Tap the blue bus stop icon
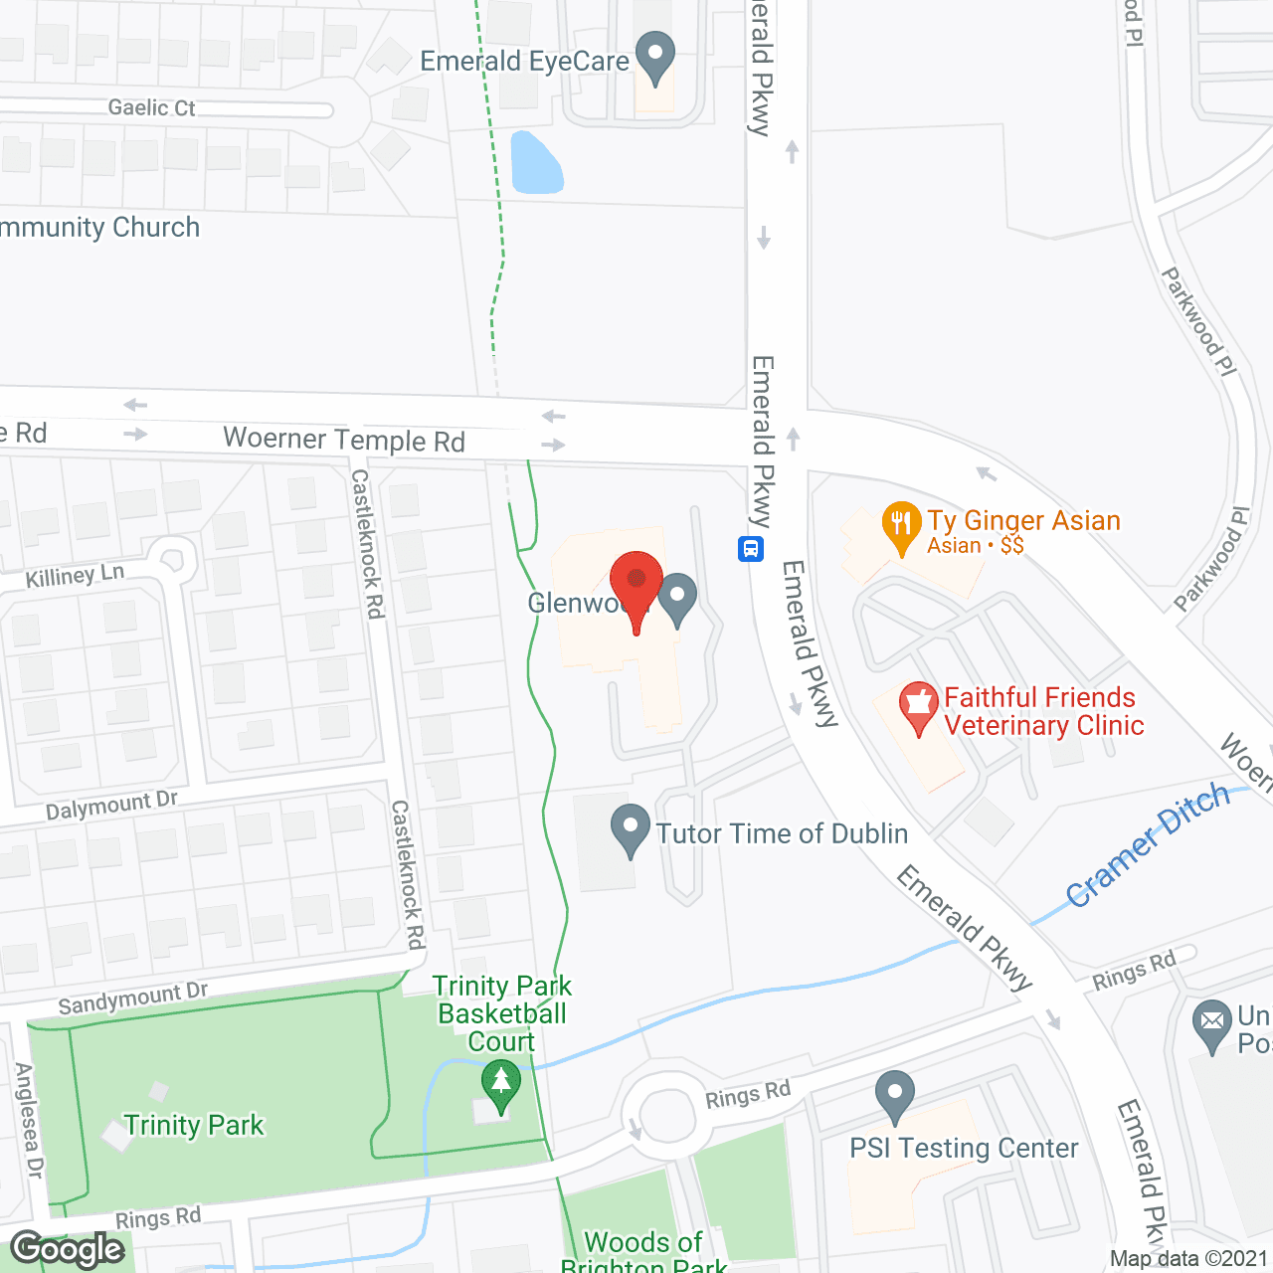751,548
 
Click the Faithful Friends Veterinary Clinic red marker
918,705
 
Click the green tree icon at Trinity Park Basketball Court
500,1084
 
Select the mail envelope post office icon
1211,1023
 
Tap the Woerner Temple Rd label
344,439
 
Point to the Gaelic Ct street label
151,107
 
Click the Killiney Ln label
75,576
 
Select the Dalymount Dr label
111,806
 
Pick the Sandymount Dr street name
133,999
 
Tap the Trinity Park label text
194,1125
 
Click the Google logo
68,1249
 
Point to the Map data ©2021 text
1188,1259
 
